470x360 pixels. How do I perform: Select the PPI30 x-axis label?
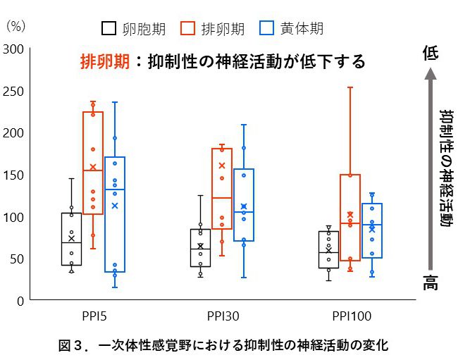pyautogui.click(x=222, y=316)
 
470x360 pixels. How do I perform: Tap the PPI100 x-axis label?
pyautogui.click(x=351, y=316)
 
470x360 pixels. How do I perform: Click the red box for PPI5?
pyautogui.click(x=93, y=162)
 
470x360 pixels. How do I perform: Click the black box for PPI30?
pyautogui.click(x=200, y=248)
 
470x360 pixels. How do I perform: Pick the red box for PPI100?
pyautogui.click(x=350, y=217)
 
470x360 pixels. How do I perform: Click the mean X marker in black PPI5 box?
pyautogui.click(x=71, y=238)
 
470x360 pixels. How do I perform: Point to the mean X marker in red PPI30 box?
pyautogui.click(x=222, y=166)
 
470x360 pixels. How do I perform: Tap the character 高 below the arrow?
pyautogui.click(x=431, y=283)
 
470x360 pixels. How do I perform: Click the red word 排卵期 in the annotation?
pyautogui.click(x=105, y=61)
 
